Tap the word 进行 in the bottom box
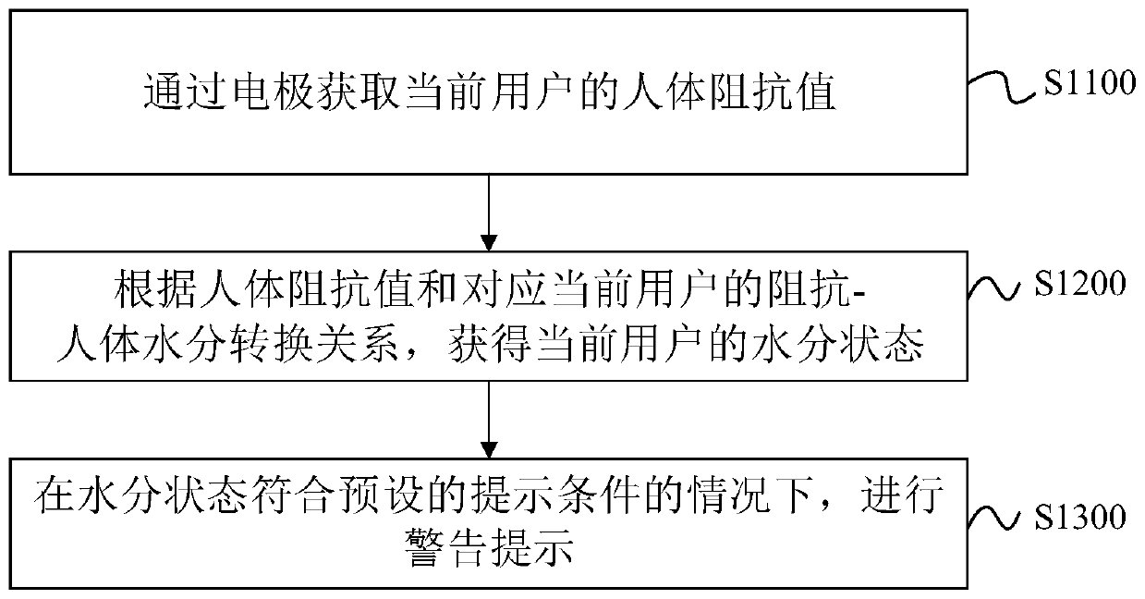pos(902,499)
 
